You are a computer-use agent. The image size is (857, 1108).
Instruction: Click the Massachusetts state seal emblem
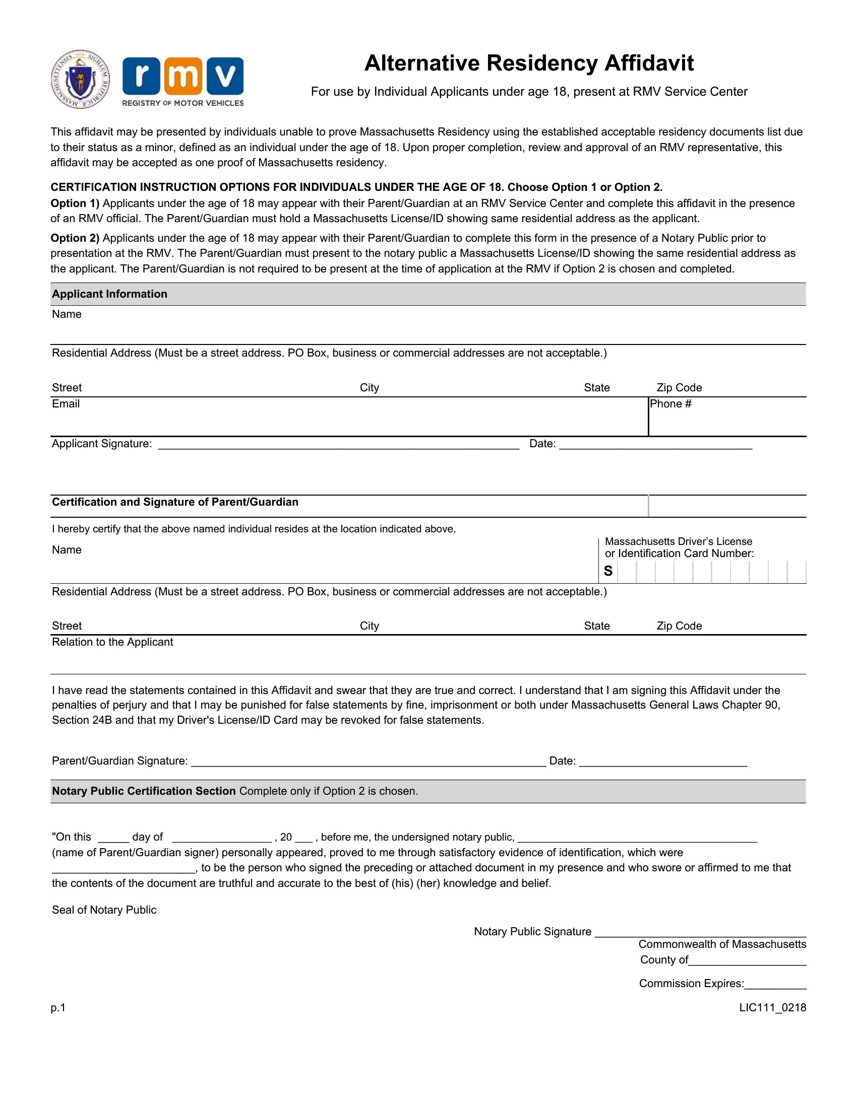pyautogui.click(x=80, y=79)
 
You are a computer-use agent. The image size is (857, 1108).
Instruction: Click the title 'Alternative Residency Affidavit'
pyautogui.click(x=528, y=63)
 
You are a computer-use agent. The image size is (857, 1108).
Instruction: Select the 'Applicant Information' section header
pyautogui.click(x=109, y=294)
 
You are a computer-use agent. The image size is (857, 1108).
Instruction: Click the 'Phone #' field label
pyautogui.click(x=670, y=404)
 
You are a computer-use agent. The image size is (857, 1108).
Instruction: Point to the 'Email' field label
pyautogui.click(x=66, y=404)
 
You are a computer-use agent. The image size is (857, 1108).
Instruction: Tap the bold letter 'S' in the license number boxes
pyautogui.click(x=608, y=571)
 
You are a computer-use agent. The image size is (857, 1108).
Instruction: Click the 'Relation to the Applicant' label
pyautogui.click(x=112, y=642)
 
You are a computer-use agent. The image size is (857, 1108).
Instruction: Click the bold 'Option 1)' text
pyautogui.click(x=75, y=203)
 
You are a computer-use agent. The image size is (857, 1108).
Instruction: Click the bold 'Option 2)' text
pyautogui.click(x=75, y=238)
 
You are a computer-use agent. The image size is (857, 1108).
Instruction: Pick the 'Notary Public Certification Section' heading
pyautogui.click(x=144, y=791)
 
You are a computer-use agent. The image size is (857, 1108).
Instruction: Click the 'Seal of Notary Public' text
pyautogui.click(x=104, y=910)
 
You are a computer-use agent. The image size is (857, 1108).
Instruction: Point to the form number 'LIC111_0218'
pyautogui.click(x=772, y=1008)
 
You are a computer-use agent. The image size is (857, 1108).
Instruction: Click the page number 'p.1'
pyautogui.click(x=58, y=1008)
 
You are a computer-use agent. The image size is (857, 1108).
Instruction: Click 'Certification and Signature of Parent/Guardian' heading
pyautogui.click(x=175, y=502)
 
